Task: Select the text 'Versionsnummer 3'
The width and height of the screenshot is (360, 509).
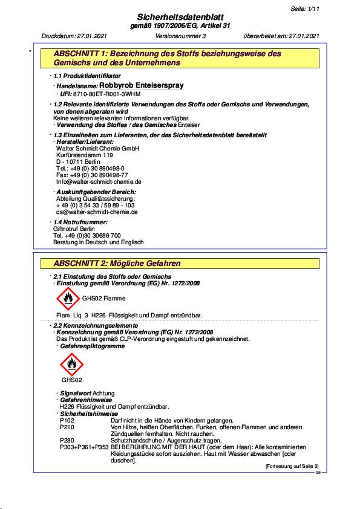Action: click(181, 37)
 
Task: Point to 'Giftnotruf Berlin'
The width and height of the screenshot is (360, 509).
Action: click(74, 229)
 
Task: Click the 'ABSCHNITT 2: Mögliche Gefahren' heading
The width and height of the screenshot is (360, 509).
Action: click(117, 264)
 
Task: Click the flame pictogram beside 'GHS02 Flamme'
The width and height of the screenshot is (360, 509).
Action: click(67, 297)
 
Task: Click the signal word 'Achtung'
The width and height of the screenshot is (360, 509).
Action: click(103, 394)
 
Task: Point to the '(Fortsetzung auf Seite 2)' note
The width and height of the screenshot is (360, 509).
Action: click(292, 467)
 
